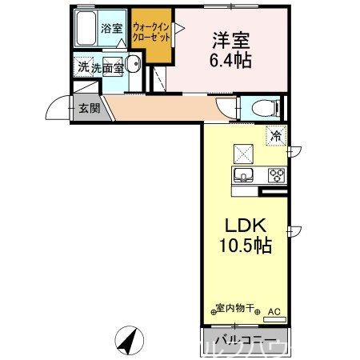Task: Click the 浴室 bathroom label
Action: click(111, 28)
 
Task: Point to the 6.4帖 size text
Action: click(231, 60)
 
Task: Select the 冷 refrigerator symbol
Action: click(275, 137)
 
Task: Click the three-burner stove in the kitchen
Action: click(277, 174)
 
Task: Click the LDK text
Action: click(245, 226)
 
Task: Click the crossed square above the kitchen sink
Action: click(242, 151)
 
